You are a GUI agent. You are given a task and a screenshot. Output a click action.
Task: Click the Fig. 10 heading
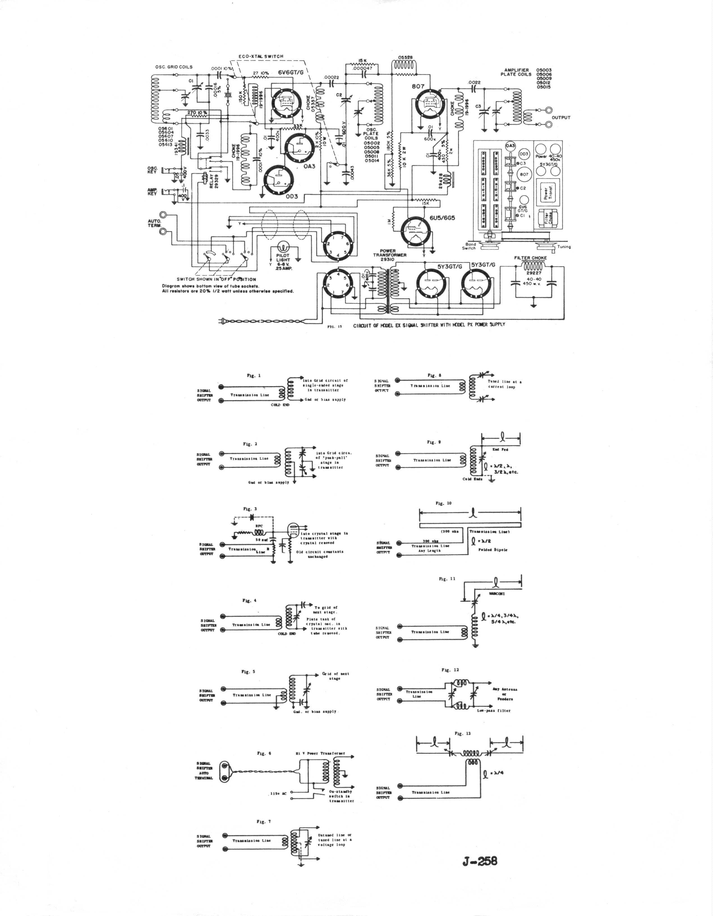(x=443, y=503)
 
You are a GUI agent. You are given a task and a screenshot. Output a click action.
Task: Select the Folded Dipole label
(x=493, y=550)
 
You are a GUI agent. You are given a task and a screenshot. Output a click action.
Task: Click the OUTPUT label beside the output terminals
(x=561, y=118)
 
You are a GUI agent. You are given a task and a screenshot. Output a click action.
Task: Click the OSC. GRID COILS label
(x=174, y=67)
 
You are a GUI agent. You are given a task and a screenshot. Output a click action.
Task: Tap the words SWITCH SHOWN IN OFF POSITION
(x=216, y=279)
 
